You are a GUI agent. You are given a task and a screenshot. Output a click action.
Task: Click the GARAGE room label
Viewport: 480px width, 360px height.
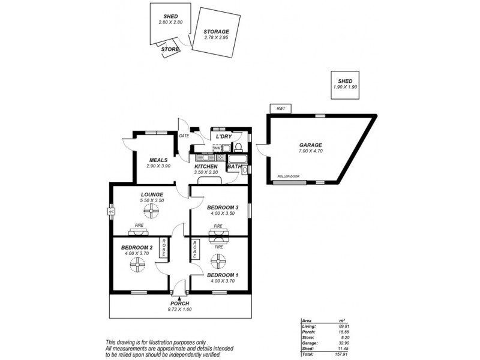coord(311,145)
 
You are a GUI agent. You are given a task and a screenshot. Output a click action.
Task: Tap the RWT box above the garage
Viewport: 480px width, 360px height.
coord(280,109)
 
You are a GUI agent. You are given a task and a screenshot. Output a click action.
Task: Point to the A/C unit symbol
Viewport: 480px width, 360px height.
coord(111,212)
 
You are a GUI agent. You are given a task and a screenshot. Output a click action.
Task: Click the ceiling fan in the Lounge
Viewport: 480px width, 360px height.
coord(153,210)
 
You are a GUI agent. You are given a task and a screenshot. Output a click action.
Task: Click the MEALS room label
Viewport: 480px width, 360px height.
coord(158,160)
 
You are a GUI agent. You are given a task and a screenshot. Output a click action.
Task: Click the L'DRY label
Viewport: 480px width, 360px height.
coord(224,137)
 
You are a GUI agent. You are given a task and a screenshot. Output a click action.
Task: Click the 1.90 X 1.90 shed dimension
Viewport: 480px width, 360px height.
coord(345,87)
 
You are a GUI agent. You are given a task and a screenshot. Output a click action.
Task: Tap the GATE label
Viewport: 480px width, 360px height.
coord(184,136)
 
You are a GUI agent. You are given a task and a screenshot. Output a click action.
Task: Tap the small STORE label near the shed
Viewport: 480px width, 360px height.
coord(170,49)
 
